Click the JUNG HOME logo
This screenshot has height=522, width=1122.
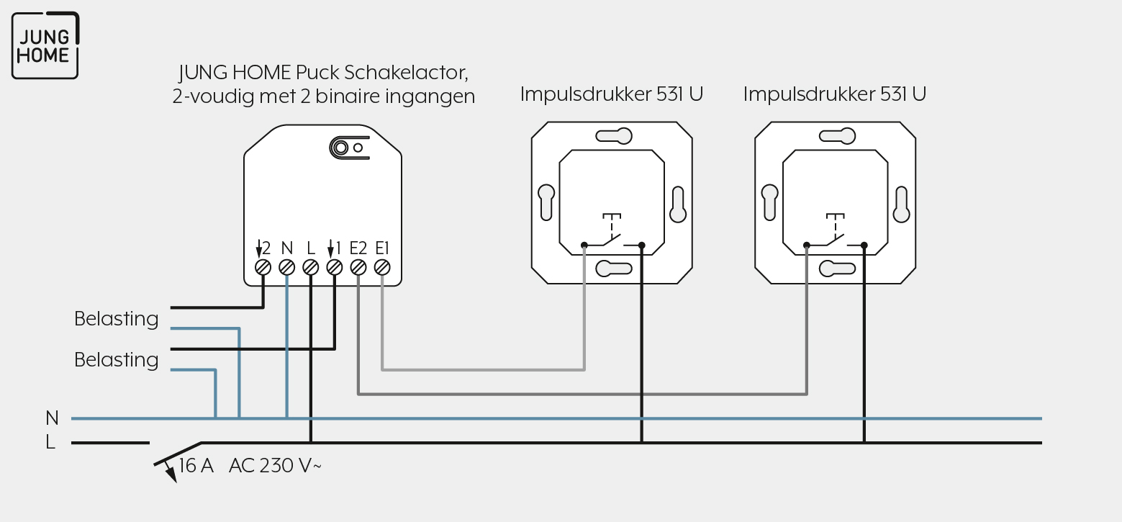45,45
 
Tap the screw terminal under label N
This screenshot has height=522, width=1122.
286,268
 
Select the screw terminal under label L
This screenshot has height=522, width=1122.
311,268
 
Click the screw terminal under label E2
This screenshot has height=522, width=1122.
358,268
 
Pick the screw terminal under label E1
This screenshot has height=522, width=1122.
382,268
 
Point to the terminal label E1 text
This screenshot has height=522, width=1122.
382,248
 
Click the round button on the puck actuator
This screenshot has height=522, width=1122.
340,148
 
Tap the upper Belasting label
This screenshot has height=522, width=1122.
116,319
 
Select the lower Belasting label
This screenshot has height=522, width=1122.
116,360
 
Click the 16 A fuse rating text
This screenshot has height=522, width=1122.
196,465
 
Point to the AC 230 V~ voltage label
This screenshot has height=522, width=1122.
275,465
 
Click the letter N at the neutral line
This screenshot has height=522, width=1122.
52,418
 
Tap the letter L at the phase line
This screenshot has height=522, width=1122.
50,442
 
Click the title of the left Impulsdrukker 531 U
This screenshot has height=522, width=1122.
612,94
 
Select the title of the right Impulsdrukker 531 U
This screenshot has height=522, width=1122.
835,94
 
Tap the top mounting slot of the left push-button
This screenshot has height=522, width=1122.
614,136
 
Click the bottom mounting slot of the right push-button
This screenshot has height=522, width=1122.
837,269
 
